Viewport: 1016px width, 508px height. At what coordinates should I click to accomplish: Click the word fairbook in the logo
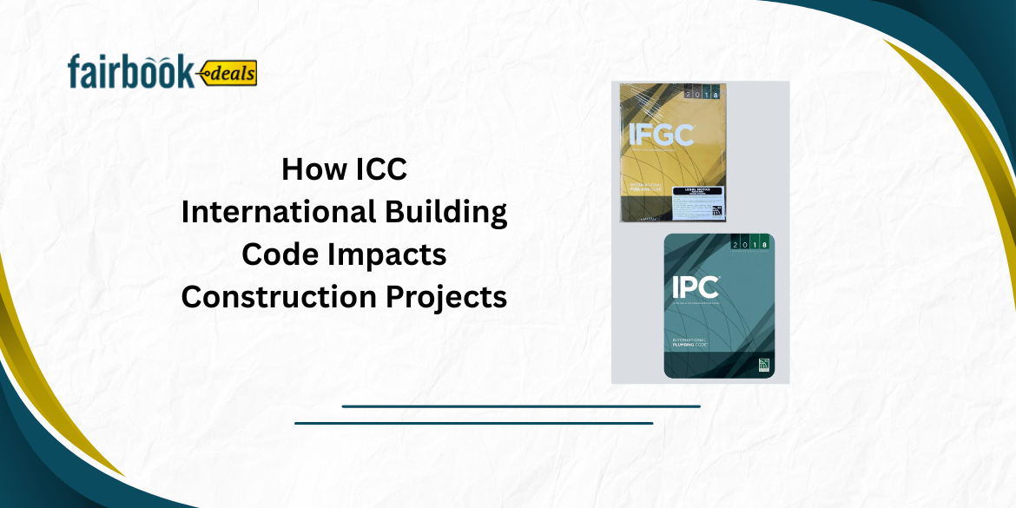tap(130, 73)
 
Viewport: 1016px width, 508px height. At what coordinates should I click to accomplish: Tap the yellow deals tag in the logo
tap(228, 74)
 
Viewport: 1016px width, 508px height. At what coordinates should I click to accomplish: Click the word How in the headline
tap(306, 169)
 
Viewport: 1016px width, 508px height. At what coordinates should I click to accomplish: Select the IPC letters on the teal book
tap(695, 287)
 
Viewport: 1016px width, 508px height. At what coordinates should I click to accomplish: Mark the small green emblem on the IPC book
tap(763, 365)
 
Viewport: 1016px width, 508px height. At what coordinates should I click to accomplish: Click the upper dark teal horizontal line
tap(521, 406)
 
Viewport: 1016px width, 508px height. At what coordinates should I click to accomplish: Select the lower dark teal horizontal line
tap(473, 423)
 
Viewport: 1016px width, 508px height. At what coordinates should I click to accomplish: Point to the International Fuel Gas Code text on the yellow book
tap(647, 194)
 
